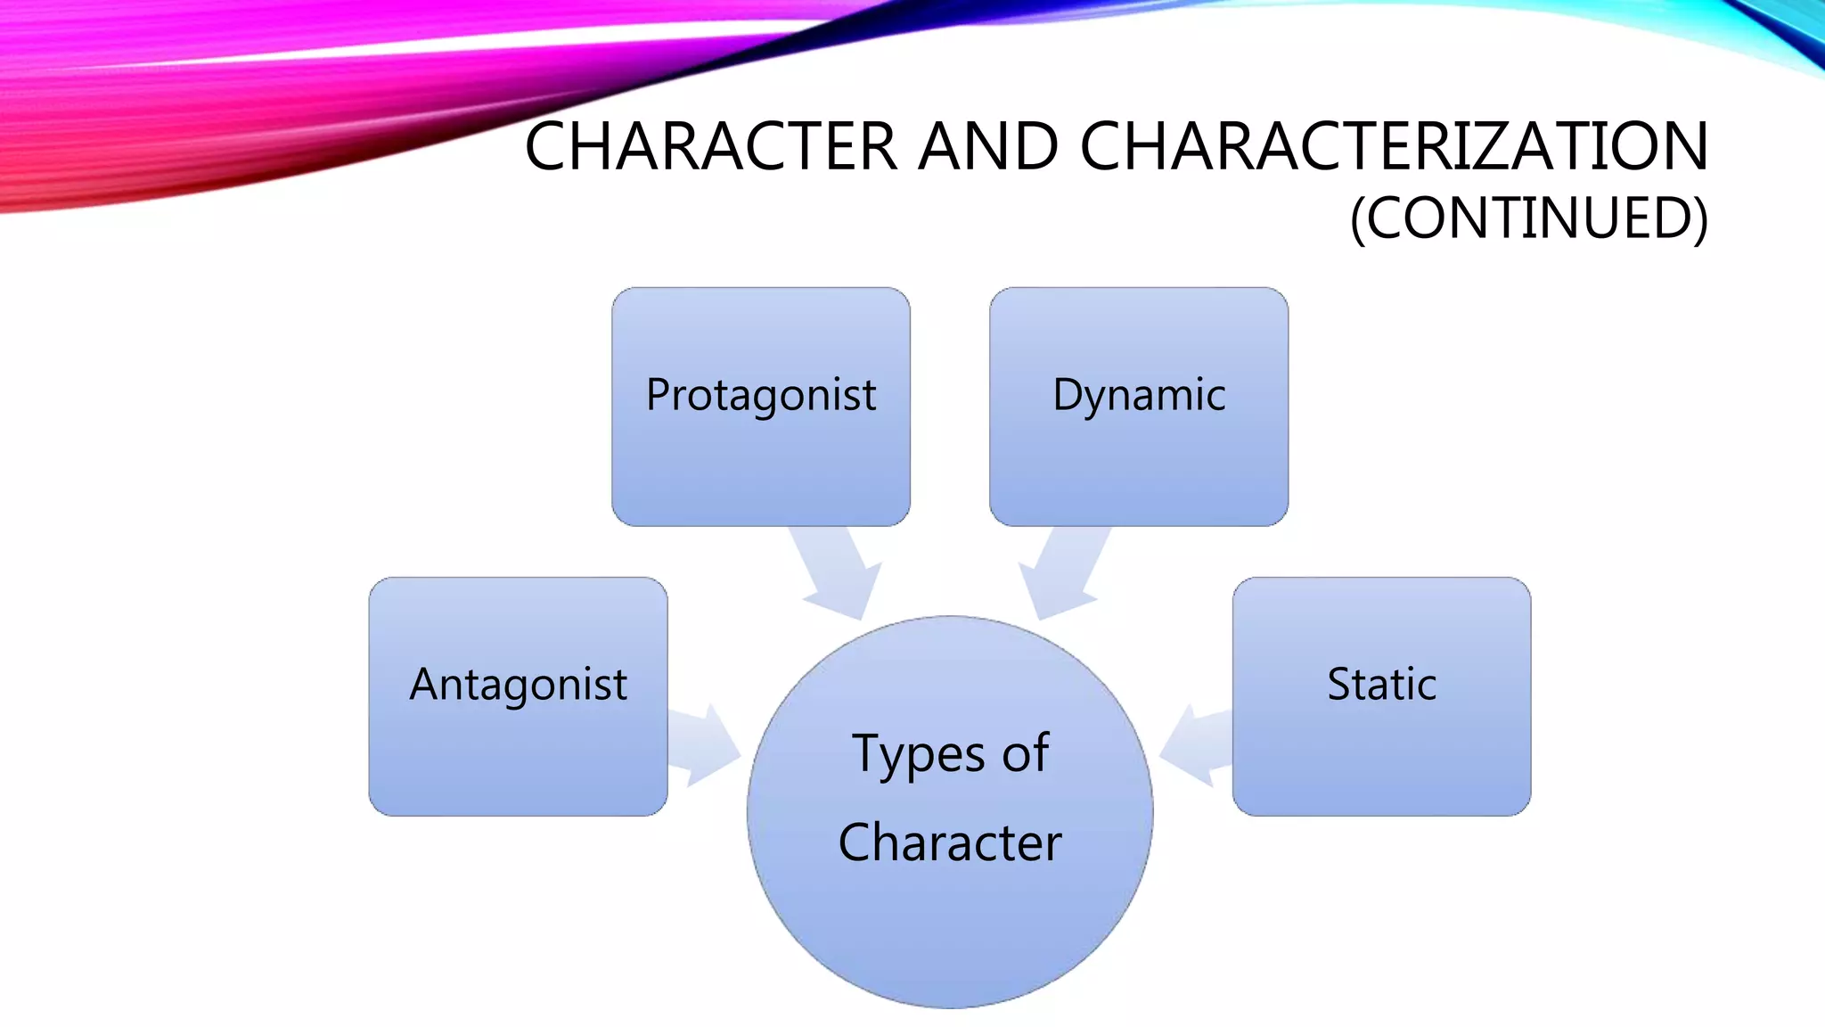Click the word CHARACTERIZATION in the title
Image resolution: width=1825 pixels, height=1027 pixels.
(x=1395, y=146)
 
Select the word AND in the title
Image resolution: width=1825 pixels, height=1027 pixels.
(x=988, y=146)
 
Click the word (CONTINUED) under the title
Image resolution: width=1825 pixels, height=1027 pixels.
(x=1528, y=218)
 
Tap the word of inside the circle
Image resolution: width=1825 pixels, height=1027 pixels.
(x=1026, y=752)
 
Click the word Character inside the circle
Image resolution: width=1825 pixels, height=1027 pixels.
(x=950, y=842)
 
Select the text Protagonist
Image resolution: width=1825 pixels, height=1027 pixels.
(x=760, y=395)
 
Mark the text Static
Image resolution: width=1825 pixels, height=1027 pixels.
(x=1381, y=685)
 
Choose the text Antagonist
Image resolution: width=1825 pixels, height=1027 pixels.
(x=518, y=685)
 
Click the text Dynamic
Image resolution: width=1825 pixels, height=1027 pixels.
(x=1138, y=395)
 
